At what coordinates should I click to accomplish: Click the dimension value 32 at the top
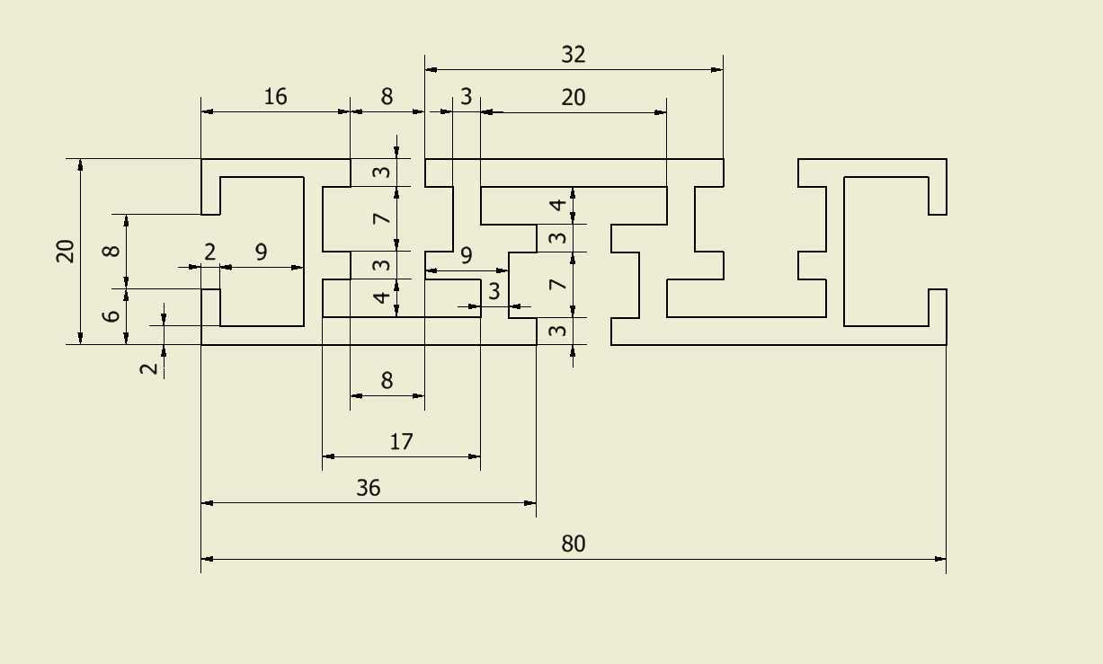(574, 55)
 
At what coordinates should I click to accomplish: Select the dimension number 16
(275, 96)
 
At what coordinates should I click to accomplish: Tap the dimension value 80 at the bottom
(574, 544)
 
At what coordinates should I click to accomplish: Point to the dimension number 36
(369, 488)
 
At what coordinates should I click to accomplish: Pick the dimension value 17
(401, 441)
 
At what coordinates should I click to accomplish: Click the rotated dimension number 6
(111, 315)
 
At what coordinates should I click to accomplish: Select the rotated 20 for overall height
(65, 252)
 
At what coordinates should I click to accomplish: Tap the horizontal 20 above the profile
(574, 97)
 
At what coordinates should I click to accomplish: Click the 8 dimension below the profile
(387, 380)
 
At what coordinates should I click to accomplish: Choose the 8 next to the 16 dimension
(387, 96)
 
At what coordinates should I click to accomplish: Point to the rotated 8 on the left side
(111, 251)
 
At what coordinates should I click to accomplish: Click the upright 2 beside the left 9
(209, 252)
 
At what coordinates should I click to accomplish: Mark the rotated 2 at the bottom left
(149, 368)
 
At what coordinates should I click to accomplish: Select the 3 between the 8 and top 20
(466, 96)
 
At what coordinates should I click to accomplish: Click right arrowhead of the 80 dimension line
(940, 559)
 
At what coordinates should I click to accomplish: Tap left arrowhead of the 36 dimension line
(208, 503)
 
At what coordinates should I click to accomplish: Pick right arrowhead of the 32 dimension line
(717, 70)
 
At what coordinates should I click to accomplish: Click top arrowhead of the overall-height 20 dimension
(81, 165)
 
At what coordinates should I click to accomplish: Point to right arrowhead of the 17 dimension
(475, 456)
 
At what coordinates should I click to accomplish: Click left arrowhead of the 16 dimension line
(208, 111)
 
